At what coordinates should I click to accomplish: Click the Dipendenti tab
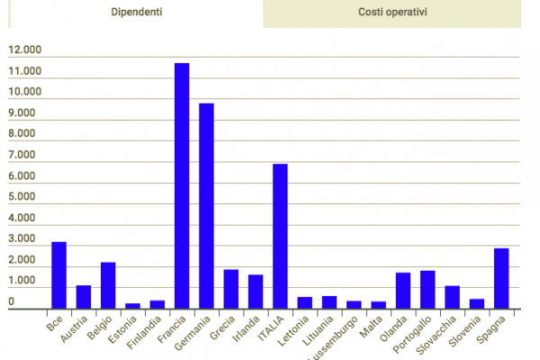point(137,13)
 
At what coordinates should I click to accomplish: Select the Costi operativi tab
point(391,13)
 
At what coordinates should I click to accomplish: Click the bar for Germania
point(206,206)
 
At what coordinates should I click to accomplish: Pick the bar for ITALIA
point(280,237)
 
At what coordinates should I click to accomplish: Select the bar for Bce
point(58,275)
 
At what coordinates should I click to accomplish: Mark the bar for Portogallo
point(427,290)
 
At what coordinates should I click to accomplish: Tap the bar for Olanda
point(403,291)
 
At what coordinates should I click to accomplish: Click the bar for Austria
point(84,297)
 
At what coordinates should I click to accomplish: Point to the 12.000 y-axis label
point(25,72)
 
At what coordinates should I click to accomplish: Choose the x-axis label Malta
point(372,326)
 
